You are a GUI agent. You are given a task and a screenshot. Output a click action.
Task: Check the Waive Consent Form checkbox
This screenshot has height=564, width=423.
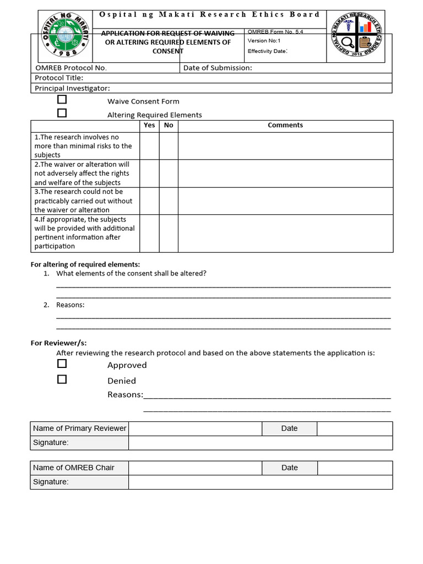coord(62,100)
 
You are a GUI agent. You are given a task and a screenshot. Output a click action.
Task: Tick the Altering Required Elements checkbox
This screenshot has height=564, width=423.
coord(62,113)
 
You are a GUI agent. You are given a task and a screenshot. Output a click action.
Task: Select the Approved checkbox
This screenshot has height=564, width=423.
coord(62,364)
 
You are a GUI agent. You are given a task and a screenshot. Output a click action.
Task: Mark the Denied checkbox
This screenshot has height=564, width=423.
coord(62,379)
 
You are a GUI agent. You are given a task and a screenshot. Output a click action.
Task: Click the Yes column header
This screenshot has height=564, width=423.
coord(149,126)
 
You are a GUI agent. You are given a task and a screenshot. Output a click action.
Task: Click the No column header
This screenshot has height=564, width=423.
coord(169,126)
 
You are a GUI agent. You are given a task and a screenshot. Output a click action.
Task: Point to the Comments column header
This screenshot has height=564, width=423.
coord(285,126)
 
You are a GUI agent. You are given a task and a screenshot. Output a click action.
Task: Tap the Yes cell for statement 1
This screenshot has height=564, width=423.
coord(149,146)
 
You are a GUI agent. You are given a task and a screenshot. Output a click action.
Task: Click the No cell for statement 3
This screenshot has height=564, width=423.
coord(169,201)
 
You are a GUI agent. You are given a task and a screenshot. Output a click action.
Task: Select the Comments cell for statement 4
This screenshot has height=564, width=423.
coord(285,233)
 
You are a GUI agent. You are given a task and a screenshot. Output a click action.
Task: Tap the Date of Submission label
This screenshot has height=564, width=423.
coord(218,68)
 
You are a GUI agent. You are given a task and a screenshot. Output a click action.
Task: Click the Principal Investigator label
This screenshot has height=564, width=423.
coord(73,88)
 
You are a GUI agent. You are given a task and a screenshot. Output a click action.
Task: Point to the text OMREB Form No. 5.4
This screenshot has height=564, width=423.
coord(275,32)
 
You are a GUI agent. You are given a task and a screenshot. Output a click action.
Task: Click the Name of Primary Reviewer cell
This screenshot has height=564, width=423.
coord(80,429)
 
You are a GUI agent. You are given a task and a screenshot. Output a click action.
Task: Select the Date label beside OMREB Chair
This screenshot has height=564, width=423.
coord(289,468)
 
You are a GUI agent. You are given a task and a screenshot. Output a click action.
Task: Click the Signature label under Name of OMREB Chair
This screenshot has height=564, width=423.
coord(51,482)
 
